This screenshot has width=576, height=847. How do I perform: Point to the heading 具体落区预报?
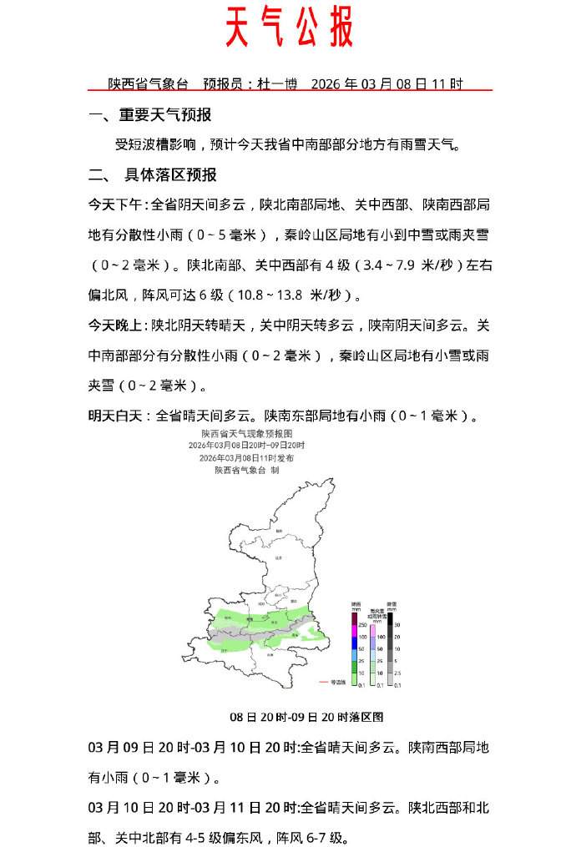pos(170,174)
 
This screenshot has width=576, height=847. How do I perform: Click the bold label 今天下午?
pos(117,204)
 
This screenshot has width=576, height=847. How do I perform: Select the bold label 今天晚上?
pos(117,325)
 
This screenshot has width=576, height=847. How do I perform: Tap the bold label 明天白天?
pos(117,415)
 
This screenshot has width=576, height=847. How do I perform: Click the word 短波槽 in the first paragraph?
pos(155,144)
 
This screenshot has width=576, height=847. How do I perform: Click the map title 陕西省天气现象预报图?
pos(246,435)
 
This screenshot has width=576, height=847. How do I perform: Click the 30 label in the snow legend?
pos(398,624)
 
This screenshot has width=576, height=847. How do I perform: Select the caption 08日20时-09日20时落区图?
pos(306,717)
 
